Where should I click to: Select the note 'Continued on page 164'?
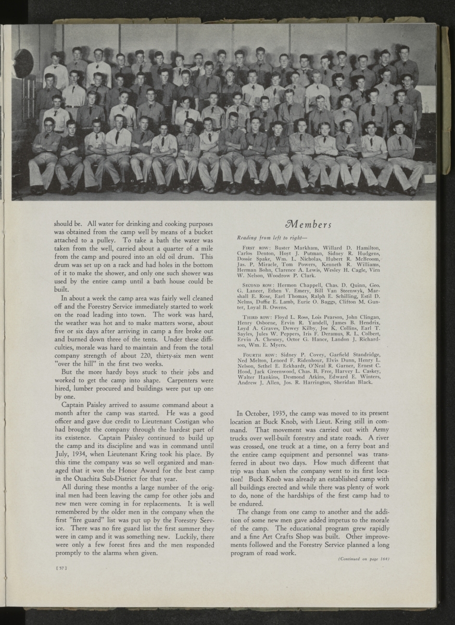[x=364, y=559]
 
